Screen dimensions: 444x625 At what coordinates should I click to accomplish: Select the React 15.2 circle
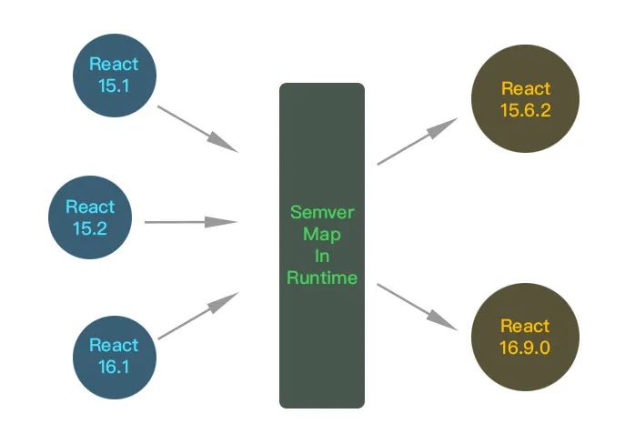click(x=91, y=217)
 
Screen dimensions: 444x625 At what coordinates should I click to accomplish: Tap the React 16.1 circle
click(x=115, y=356)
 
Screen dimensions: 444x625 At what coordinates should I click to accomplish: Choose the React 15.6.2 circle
click(x=525, y=99)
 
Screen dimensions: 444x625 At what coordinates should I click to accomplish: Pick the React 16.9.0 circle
click(x=525, y=336)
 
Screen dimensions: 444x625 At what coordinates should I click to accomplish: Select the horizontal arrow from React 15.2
click(x=190, y=222)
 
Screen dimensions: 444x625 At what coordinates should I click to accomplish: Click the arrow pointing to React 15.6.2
click(x=418, y=142)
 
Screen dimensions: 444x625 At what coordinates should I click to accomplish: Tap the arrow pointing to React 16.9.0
click(x=418, y=306)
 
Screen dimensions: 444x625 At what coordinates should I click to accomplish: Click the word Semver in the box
click(x=321, y=213)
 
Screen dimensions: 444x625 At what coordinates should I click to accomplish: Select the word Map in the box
click(x=321, y=235)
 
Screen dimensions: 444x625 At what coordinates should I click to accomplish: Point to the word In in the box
click(x=321, y=257)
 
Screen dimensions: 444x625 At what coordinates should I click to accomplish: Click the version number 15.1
click(x=115, y=86)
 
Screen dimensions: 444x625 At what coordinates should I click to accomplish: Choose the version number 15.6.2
click(x=525, y=110)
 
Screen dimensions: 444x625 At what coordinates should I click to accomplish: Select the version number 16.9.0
click(x=525, y=347)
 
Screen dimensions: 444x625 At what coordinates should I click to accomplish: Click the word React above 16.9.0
click(x=525, y=326)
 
